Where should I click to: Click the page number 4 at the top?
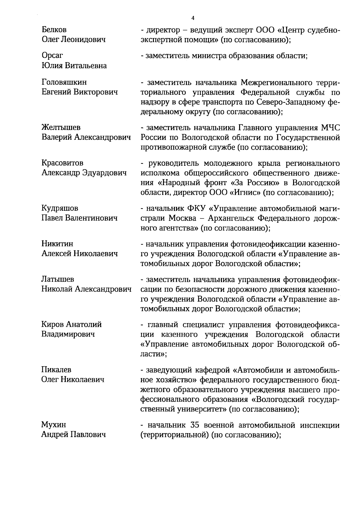pyautogui.click(x=193, y=18)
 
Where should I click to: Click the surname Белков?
pyautogui.click(x=54, y=30)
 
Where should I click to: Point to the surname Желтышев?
pyautogui.click(x=58, y=127)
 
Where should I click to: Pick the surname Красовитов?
pyautogui.click(x=62, y=163)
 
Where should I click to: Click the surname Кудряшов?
pyautogui.click(x=60, y=208)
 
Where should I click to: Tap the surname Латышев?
pyautogui.click(x=58, y=279)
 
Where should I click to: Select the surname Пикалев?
pyautogui.click(x=56, y=370)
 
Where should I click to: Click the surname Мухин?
pyautogui.click(x=53, y=425)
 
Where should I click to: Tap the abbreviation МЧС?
pyautogui.click(x=330, y=128)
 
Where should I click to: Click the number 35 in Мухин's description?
pyautogui.click(x=195, y=425)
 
